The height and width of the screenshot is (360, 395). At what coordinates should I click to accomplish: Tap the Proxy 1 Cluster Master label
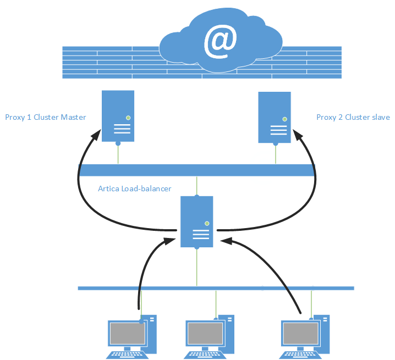[x=46, y=117]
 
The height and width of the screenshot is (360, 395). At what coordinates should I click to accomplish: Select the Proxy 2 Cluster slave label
[x=353, y=117]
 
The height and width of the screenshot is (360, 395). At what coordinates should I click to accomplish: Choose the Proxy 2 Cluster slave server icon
[x=275, y=117]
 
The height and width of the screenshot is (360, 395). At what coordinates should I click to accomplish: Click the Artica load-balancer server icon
[x=197, y=220]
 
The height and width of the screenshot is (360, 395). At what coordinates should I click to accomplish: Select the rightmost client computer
[x=305, y=335]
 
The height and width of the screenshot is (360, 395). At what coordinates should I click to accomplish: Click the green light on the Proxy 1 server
[x=128, y=117]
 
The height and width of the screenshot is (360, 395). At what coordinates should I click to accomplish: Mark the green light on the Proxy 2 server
[x=284, y=118]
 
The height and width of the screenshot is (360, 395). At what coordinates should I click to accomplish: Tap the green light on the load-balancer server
[x=207, y=223]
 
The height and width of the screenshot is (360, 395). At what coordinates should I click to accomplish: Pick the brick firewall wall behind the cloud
[x=110, y=62]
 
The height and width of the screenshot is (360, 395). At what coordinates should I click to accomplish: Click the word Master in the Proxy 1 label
[x=73, y=117]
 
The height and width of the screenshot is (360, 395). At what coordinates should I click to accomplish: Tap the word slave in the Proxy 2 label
[x=381, y=117]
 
